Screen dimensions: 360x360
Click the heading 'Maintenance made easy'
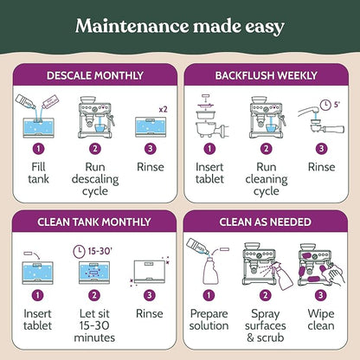pos(180,26)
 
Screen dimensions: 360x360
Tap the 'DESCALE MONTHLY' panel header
pos(95,75)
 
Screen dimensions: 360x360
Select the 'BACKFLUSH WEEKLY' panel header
pos(266,75)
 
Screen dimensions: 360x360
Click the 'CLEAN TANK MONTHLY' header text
pos(94,222)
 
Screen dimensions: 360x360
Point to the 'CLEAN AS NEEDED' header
pos(265,222)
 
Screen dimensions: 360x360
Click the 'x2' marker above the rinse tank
pos(163,109)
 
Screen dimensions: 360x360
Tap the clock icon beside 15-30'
pos(79,252)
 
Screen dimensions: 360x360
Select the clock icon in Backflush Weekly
pos(325,105)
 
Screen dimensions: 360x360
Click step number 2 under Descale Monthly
pos(95,149)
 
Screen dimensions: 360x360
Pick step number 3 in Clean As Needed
pos(320,295)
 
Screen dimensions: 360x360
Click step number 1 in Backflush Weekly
pos(209,149)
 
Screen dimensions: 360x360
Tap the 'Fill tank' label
pos(38,173)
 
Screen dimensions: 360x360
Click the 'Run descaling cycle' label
pos(95,179)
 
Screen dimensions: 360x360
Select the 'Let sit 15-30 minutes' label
pos(94,325)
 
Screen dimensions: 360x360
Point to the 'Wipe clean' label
pos(321,319)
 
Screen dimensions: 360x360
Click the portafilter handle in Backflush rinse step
pos(334,129)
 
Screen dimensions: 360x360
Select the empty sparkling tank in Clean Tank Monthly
pos(150,272)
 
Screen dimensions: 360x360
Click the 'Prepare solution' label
pos(209,319)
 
